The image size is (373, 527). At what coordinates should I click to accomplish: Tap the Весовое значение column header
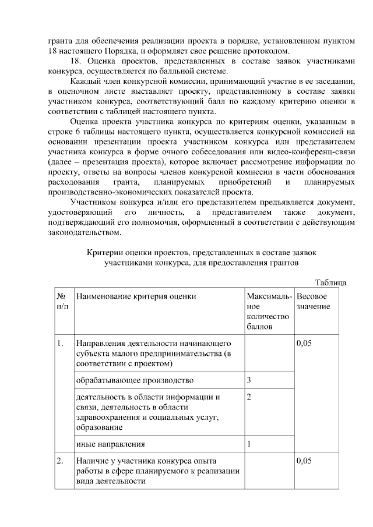pyautogui.click(x=313, y=301)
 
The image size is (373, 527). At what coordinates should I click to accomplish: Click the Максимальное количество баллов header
pyautogui.click(x=268, y=312)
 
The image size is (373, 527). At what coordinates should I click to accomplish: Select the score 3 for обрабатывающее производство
pyautogui.click(x=249, y=380)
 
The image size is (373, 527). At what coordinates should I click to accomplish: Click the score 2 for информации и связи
pyautogui.click(x=249, y=397)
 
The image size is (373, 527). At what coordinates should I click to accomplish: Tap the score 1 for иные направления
pyautogui.click(x=249, y=444)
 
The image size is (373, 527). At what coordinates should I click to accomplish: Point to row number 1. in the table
pyautogui.click(x=60, y=344)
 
